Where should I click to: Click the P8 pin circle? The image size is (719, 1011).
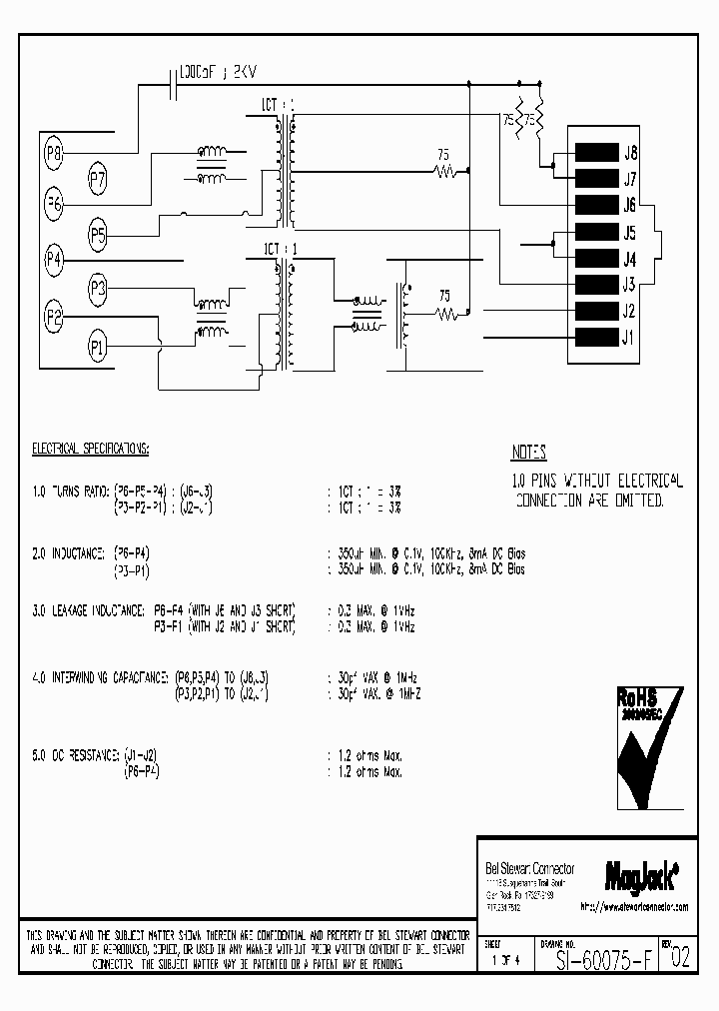(x=54, y=153)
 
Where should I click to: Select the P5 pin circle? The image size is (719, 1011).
(x=98, y=236)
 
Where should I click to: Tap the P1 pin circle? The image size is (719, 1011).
(x=98, y=348)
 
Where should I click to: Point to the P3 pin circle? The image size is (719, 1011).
(x=98, y=289)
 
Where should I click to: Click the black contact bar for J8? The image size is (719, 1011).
(x=594, y=154)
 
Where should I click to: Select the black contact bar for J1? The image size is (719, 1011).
(x=594, y=337)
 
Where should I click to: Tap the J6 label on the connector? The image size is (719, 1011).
(x=629, y=206)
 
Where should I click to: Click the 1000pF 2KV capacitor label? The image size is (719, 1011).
(x=222, y=73)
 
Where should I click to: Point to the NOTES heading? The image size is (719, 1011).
(x=529, y=453)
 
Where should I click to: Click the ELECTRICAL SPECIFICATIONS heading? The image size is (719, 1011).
(x=91, y=449)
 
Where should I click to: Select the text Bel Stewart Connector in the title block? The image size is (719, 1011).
(x=521, y=869)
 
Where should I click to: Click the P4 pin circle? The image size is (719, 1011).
(x=54, y=259)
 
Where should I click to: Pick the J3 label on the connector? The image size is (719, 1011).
(x=629, y=285)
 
